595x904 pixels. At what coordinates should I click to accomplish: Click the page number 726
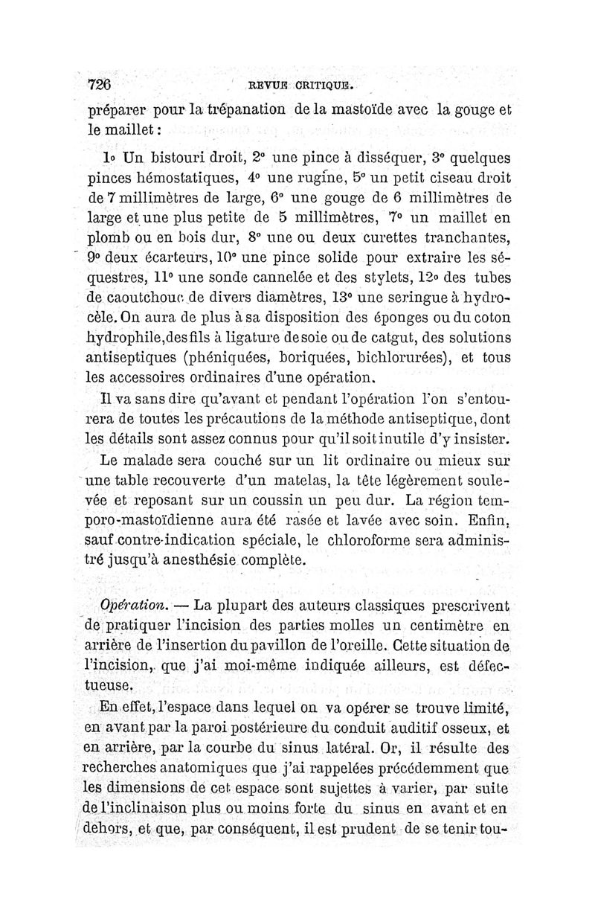pyautogui.click(x=98, y=83)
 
